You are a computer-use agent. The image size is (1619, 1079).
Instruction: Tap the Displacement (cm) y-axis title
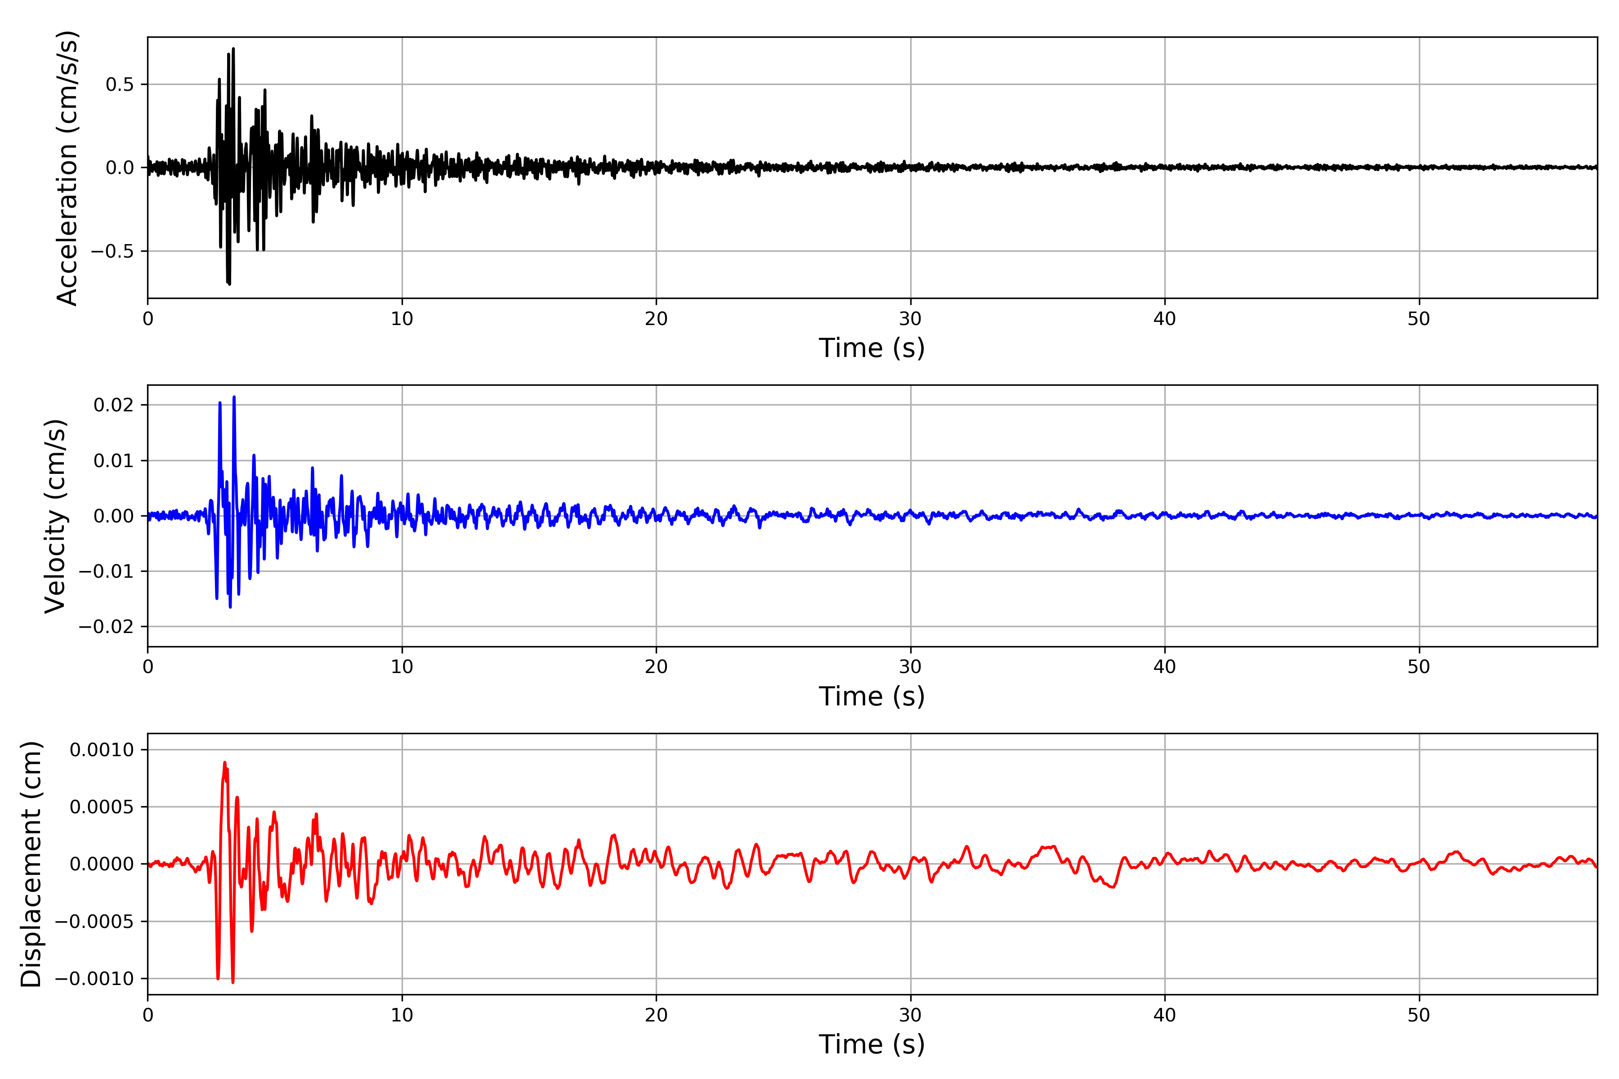click(31, 864)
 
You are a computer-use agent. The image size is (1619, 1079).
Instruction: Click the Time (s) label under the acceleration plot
click(872, 348)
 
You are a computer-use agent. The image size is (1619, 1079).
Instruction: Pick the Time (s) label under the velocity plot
click(872, 696)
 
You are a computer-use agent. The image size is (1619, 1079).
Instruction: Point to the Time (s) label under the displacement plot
click(872, 1044)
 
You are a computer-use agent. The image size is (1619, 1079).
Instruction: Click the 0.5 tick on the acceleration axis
click(120, 85)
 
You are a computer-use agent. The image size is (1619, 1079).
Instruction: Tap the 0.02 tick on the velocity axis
click(114, 405)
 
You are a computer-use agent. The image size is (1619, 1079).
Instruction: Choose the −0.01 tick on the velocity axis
click(107, 571)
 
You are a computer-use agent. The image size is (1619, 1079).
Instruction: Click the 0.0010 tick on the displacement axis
click(102, 749)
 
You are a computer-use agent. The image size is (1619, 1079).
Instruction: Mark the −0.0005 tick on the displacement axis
click(94, 921)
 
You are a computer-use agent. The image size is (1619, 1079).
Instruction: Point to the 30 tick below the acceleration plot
click(911, 319)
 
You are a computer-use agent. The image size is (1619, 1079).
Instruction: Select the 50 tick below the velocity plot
click(1419, 667)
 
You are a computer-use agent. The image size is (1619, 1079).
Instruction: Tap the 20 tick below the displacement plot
click(656, 1015)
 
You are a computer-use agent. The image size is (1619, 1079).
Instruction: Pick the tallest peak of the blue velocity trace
click(234, 397)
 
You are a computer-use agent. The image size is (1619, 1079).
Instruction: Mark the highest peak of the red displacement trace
click(224, 762)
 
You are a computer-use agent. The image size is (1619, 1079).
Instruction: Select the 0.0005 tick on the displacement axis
click(102, 807)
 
